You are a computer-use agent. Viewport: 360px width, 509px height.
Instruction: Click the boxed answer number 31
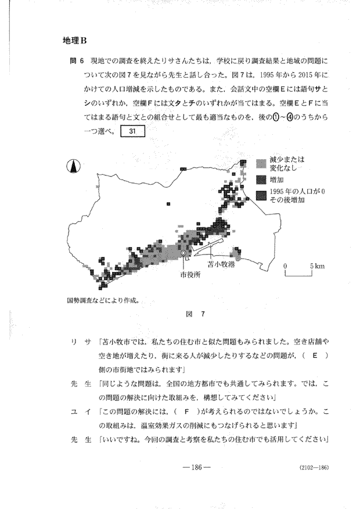(x=132, y=130)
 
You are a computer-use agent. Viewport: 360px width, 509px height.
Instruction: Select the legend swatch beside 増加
(x=260, y=179)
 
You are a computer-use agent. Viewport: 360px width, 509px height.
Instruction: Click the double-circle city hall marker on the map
(x=183, y=254)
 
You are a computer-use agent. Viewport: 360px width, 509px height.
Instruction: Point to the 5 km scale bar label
(x=317, y=266)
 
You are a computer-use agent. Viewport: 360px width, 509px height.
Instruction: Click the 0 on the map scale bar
(x=286, y=266)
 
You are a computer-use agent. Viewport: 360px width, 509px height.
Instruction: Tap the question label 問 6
(x=74, y=60)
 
